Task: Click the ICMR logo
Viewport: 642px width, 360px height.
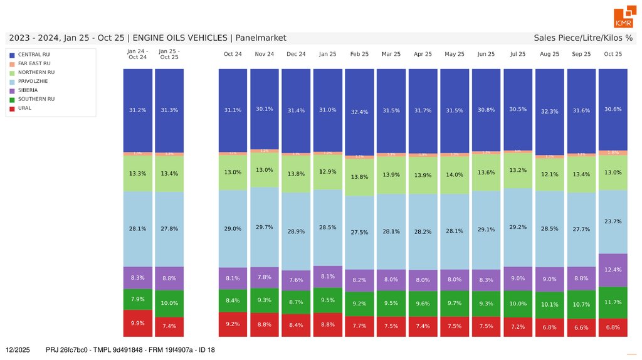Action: click(624, 18)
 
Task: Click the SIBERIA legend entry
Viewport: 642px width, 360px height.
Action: click(29, 90)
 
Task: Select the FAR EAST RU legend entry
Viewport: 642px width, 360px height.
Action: click(34, 63)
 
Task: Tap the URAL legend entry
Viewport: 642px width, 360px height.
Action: click(24, 108)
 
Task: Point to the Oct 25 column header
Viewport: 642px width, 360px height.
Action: click(613, 54)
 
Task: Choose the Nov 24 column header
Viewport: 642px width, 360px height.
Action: click(265, 54)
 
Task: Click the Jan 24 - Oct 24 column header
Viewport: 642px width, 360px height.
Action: click(137, 54)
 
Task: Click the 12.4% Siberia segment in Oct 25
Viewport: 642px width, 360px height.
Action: click(613, 270)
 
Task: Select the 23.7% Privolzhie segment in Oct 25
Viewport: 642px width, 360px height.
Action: click(613, 221)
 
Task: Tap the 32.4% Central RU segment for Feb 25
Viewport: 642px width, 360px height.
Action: click(359, 112)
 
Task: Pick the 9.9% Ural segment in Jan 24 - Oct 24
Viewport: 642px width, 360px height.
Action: click(137, 323)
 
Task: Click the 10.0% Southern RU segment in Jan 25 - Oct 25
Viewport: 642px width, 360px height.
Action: click(169, 303)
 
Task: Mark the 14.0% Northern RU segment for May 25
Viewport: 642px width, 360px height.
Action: click(455, 175)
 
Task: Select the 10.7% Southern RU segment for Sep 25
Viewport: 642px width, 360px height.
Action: click(581, 304)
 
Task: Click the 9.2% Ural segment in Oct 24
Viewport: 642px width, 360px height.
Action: click(233, 324)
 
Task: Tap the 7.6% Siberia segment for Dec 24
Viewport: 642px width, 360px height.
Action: click(296, 280)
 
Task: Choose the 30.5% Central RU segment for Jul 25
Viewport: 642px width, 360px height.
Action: click(518, 109)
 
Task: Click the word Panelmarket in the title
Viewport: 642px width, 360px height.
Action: click(261, 38)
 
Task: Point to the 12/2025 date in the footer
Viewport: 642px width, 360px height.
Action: click(18, 349)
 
